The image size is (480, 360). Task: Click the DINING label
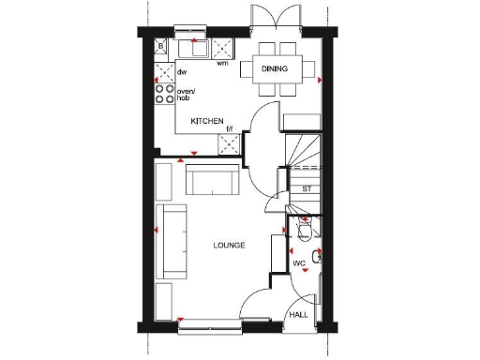[x=276, y=69]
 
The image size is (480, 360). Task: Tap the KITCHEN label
[x=206, y=122]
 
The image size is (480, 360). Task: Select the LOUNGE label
[x=229, y=245]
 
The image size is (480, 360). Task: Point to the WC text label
[x=298, y=263]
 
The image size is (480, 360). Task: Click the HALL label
[x=298, y=315]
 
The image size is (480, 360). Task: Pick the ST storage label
[x=306, y=188]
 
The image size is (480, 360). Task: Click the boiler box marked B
[x=162, y=46]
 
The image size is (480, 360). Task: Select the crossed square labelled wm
[x=223, y=48]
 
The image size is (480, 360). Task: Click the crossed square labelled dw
[x=165, y=71]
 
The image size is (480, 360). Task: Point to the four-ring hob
[x=165, y=94]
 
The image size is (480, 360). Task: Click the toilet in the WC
[x=305, y=230]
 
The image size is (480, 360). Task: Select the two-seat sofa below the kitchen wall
[x=212, y=179]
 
